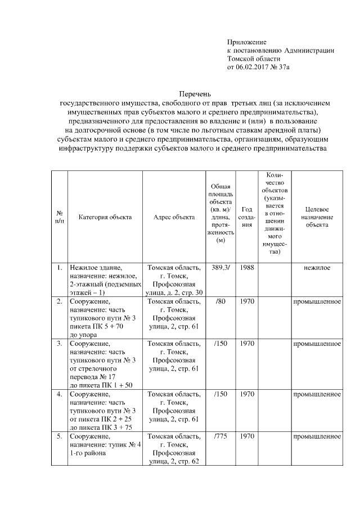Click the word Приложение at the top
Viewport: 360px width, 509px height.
(x=246, y=42)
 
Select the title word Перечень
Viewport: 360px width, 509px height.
(x=193, y=94)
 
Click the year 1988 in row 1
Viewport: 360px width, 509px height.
(x=246, y=268)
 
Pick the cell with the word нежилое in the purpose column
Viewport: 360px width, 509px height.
(x=317, y=268)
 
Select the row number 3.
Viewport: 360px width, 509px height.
(x=59, y=343)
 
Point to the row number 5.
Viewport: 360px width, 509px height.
(x=59, y=436)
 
